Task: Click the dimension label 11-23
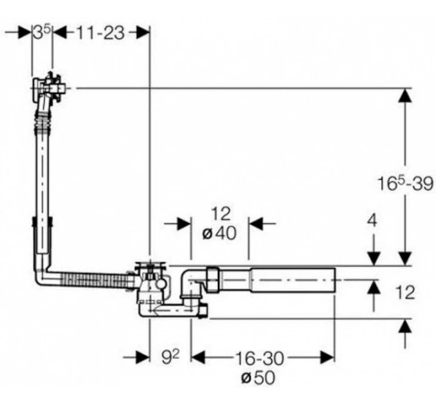101,33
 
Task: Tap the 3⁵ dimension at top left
42,32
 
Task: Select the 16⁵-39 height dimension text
405,183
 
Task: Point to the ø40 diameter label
219,233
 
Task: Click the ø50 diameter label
258,378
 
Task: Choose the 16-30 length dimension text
260,358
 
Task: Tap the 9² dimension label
171,357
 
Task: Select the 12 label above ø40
221,214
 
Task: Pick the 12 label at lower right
405,292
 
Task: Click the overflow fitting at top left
49,88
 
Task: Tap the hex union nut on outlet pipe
212,279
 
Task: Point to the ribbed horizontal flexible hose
95,280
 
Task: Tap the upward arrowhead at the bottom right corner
405,325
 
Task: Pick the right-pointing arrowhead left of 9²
143,357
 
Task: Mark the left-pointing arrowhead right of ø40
256,224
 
